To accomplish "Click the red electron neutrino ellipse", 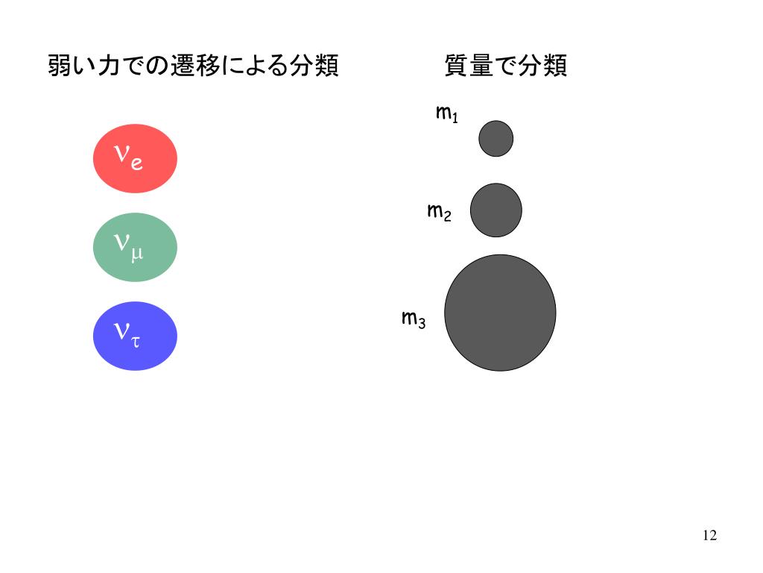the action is coord(135,158).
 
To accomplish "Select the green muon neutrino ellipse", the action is coord(135,247).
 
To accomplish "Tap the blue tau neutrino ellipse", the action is coord(135,336).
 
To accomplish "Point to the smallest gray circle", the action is coord(496,138).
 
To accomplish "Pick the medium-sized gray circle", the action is coord(496,210).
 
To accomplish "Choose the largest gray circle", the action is coord(500,313).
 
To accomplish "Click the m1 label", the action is coord(446,113).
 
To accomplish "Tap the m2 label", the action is coord(439,212).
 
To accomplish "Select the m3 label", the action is coord(414,319).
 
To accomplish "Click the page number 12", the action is coord(709,536).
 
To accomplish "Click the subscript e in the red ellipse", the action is coord(137,163).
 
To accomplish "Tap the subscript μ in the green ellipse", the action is coord(137,254).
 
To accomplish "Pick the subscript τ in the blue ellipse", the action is coord(136,342).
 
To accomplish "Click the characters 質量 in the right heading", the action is coord(469,66).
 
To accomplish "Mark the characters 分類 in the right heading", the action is coord(542,66).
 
